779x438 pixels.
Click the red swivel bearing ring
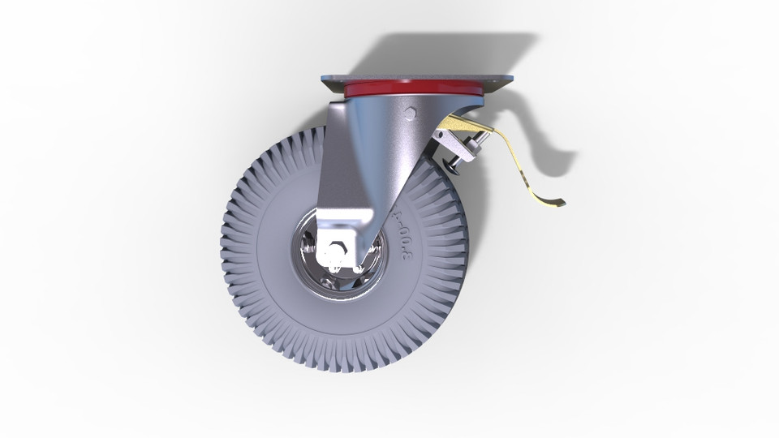[414, 89]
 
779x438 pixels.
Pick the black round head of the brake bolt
[451, 164]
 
